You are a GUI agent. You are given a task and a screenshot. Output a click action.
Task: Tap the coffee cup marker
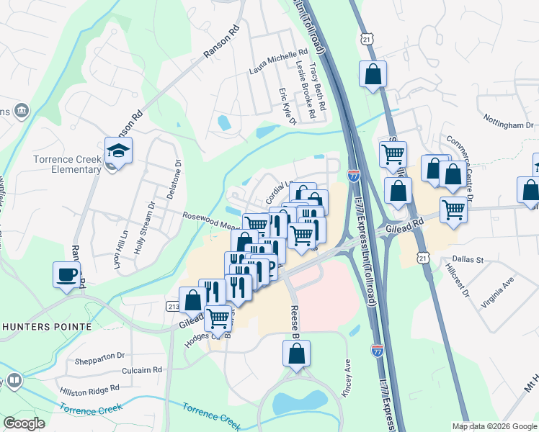[67, 275]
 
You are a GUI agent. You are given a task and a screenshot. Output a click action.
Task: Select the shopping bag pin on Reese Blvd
[296, 354]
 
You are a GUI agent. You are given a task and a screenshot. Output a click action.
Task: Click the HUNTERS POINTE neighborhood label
[47, 326]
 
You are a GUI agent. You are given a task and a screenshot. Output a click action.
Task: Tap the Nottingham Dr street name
[508, 125]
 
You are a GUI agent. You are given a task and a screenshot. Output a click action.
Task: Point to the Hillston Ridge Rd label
[89, 390]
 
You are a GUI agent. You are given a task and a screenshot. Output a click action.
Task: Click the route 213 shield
[173, 307]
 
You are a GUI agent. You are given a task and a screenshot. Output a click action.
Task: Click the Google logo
[24, 423]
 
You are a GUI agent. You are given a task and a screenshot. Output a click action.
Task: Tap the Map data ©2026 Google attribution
[494, 426]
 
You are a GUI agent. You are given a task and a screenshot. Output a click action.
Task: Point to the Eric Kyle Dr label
[288, 107]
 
